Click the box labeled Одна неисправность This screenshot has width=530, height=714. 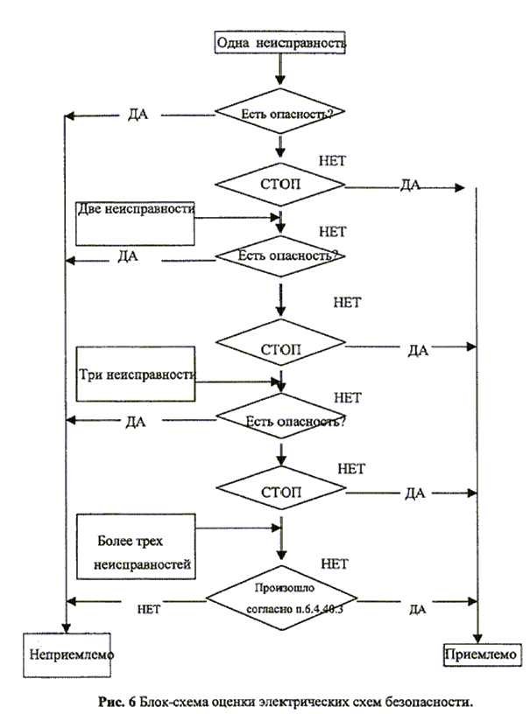(x=279, y=41)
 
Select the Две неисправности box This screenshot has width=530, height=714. (x=135, y=222)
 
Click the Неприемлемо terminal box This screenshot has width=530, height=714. (x=70, y=654)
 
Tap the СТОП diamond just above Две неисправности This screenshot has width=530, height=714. (x=280, y=185)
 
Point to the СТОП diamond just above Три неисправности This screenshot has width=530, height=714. (x=280, y=348)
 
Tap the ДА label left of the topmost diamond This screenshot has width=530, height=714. (x=137, y=115)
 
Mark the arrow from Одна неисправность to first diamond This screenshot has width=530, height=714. (x=279, y=68)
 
